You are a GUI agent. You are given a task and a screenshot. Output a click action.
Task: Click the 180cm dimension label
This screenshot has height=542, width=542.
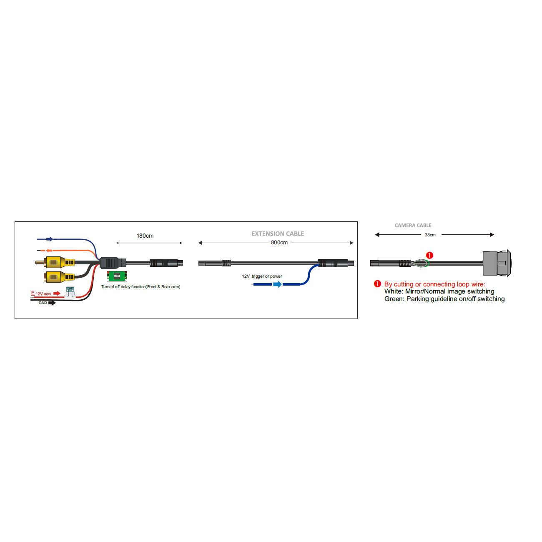point(145,236)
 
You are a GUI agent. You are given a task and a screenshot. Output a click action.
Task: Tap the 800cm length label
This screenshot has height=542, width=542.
point(279,243)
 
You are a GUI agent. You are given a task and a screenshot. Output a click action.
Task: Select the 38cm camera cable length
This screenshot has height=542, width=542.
point(430,235)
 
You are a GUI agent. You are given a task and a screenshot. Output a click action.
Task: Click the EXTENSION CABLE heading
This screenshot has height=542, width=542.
point(278,234)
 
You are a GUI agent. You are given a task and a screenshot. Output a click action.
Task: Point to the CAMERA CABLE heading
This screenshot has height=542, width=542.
point(413,225)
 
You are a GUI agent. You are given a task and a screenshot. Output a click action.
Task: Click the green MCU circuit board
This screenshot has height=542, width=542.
point(117,276)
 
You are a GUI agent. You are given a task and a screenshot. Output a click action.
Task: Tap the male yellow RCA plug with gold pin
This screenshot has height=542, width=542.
point(55,262)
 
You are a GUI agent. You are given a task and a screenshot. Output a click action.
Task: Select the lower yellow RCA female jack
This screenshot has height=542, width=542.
point(59,277)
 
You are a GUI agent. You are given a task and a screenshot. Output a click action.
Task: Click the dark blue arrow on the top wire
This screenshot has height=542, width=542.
point(50,239)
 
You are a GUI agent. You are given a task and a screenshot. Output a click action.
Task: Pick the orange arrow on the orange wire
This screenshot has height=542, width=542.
point(49,250)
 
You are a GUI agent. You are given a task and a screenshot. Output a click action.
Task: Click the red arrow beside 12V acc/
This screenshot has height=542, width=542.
point(57,294)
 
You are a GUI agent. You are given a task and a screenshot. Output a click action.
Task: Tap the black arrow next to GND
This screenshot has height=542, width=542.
point(52,303)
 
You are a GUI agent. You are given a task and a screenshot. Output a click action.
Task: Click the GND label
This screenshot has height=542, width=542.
point(43,303)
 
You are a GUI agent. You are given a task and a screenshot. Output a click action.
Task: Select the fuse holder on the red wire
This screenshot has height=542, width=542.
point(70,293)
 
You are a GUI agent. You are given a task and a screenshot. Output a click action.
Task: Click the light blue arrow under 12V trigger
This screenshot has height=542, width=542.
point(277,284)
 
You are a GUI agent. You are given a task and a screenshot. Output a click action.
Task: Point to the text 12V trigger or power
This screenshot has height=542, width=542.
point(262,276)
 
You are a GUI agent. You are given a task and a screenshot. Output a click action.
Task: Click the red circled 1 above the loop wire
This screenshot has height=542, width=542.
point(429,256)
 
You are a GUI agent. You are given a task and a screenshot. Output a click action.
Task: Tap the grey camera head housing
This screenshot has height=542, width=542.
point(497,263)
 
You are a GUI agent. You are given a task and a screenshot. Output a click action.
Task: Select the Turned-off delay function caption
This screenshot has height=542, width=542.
point(141,287)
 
